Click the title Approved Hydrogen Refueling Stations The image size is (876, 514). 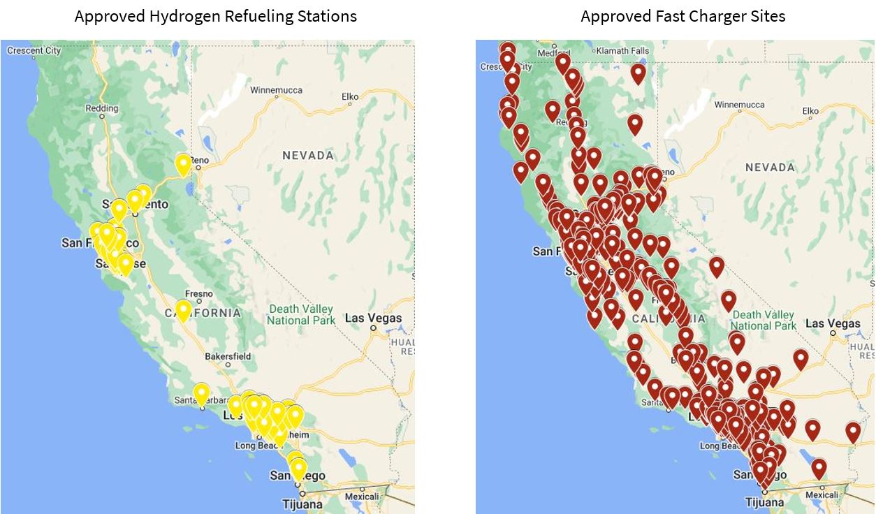(x=215, y=16)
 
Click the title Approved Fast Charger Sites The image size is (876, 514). (x=682, y=16)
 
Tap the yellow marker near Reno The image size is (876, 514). (x=183, y=164)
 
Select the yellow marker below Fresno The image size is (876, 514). (x=183, y=309)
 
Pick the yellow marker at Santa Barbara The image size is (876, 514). (x=201, y=393)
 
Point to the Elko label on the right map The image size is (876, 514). (x=810, y=111)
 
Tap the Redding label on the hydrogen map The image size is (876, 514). (x=102, y=108)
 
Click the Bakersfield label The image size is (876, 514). (x=228, y=356)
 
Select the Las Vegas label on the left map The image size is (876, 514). (x=374, y=318)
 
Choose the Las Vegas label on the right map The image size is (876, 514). (x=833, y=323)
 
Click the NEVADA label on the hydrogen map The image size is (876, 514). (x=308, y=155)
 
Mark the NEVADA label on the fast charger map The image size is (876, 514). (x=770, y=167)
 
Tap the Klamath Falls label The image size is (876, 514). (x=624, y=51)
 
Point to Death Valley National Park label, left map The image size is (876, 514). (x=300, y=314)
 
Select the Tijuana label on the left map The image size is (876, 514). (x=302, y=504)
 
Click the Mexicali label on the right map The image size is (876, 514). (x=822, y=494)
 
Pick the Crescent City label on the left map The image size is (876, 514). (x=34, y=50)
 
